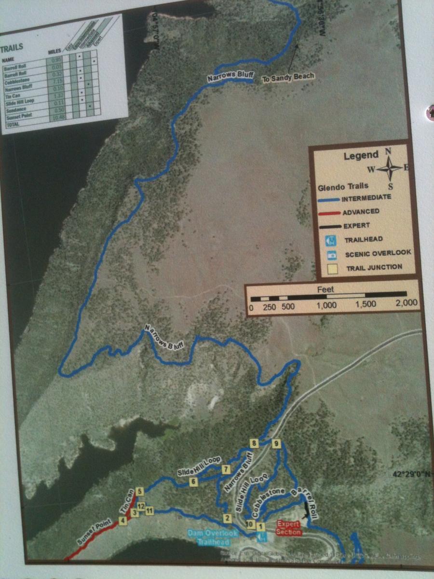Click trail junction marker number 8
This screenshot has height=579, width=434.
click(254, 443)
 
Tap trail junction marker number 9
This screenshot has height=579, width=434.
click(276, 443)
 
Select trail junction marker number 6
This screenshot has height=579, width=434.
click(193, 481)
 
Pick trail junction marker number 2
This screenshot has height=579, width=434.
click(226, 518)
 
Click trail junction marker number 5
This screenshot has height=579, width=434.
click(140, 491)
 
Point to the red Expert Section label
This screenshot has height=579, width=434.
click(288, 528)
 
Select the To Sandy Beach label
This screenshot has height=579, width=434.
click(288, 77)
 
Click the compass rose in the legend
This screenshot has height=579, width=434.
click(389, 168)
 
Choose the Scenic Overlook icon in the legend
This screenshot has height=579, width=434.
click(331, 253)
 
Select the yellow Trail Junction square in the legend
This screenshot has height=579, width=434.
click(331, 267)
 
